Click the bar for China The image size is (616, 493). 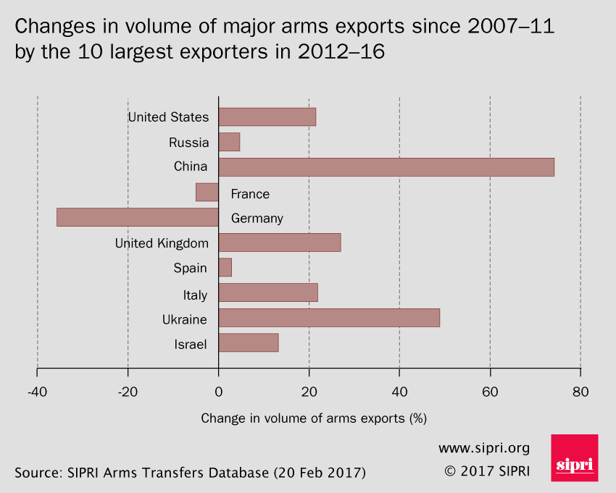(386, 167)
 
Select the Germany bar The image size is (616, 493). (138, 217)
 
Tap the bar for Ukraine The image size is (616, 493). (329, 318)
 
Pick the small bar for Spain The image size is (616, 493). (225, 267)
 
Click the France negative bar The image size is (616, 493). (207, 193)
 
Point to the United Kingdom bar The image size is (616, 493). (280, 243)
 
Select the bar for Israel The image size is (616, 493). (249, 343)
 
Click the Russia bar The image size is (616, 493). (229, 142)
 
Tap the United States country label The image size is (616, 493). (168, 117)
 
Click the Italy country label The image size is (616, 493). (195, 295)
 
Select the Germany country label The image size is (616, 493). (257, 219)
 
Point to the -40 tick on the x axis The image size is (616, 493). (37, 392)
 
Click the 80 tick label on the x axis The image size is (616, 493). (580, 392)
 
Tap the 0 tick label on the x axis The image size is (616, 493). (218, 392)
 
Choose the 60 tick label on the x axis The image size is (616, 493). (490, 392)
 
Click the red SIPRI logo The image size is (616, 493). (575, 458)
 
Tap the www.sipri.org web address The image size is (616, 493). (484, 447)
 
